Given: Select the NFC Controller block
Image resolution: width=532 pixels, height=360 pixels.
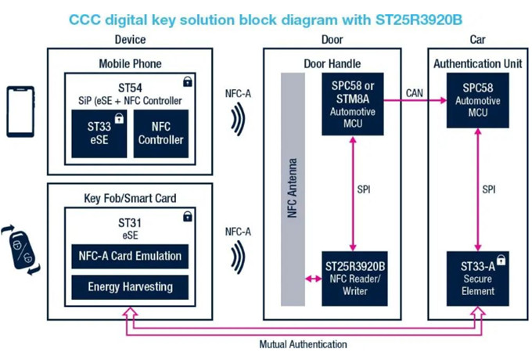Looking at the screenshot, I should click(x=161, y=133).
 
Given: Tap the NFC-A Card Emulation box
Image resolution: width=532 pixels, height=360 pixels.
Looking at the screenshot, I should click(x=130, y=255).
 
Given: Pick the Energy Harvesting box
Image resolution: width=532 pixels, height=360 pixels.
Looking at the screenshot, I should click(x=130, y=286).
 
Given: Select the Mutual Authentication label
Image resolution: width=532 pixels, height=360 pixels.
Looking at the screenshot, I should click(x=303, y=344).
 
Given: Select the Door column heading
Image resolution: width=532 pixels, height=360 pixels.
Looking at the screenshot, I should click(x=332, y=39).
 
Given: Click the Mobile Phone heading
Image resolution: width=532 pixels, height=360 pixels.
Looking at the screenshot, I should click(x=130, y=63).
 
